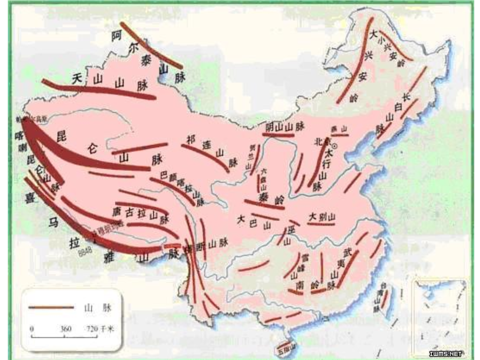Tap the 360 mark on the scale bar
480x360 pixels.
[66, 328]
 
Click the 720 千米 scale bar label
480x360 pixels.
[99, 328]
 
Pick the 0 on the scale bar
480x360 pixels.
[32, 328]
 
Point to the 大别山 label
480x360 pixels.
[322, 217]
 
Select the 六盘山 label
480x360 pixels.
[263, 178]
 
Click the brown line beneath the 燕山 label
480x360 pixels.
[340, 135]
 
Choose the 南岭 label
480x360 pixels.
[306, 285]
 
